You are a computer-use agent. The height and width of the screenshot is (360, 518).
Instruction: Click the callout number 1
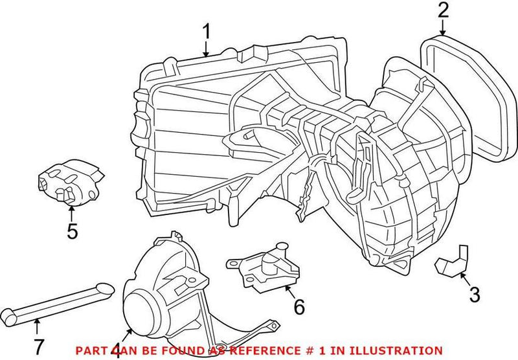point(206,32)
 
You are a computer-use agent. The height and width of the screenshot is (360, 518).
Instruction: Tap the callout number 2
point(442,10)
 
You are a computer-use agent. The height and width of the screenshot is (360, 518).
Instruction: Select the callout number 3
point(475,295)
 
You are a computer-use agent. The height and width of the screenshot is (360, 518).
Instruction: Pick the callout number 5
point(73,231)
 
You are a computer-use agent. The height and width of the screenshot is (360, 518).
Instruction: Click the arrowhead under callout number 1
point(206,54)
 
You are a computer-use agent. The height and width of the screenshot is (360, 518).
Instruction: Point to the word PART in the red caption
point(89,350)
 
